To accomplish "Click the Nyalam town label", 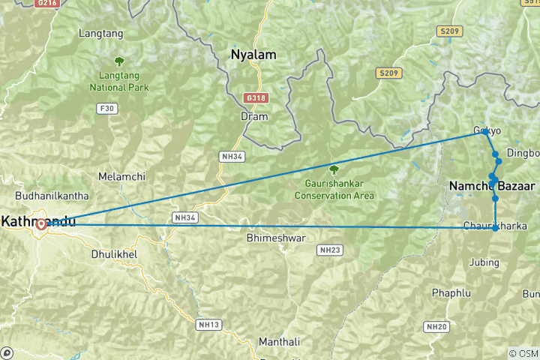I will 253,55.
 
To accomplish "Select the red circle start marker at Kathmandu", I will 41,223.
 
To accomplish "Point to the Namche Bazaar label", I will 492,185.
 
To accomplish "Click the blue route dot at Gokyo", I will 485,132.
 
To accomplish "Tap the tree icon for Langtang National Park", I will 118,61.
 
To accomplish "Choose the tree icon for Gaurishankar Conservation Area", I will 334,169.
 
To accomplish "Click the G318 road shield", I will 255,98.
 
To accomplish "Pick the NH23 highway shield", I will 329,249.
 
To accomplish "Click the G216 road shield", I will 47,4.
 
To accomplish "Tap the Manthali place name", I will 279,342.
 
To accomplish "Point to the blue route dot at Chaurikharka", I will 495,227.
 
